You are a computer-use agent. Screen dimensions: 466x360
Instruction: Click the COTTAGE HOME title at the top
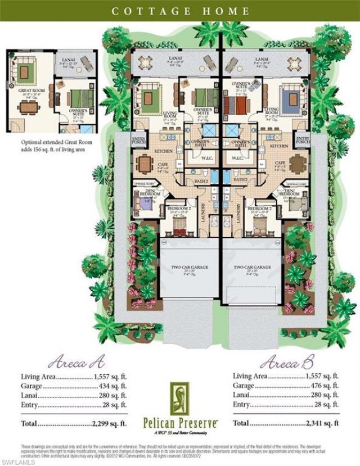[180, 10]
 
